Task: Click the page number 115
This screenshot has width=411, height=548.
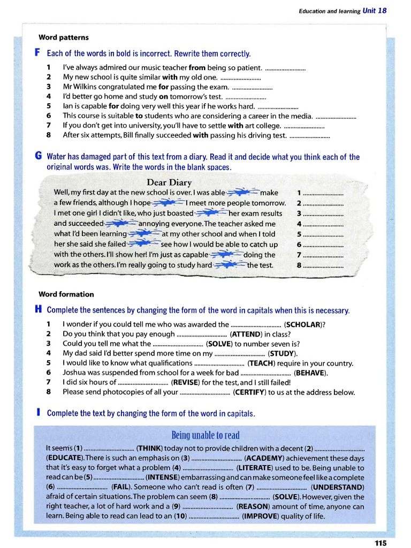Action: point(380,543)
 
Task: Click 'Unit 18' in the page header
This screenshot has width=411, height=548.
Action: point(374,11)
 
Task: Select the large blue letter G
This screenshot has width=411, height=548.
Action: point(38,157)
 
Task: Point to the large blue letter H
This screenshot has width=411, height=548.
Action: point(38,310)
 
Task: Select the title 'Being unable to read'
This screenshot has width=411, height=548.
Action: point(205,435)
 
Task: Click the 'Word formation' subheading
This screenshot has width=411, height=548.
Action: point(66,294)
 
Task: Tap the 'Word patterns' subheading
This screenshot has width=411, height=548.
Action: point(64,37)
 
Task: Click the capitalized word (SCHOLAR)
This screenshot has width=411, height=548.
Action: point(305,324)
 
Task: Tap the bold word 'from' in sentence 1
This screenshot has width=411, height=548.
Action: point(197,68)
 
